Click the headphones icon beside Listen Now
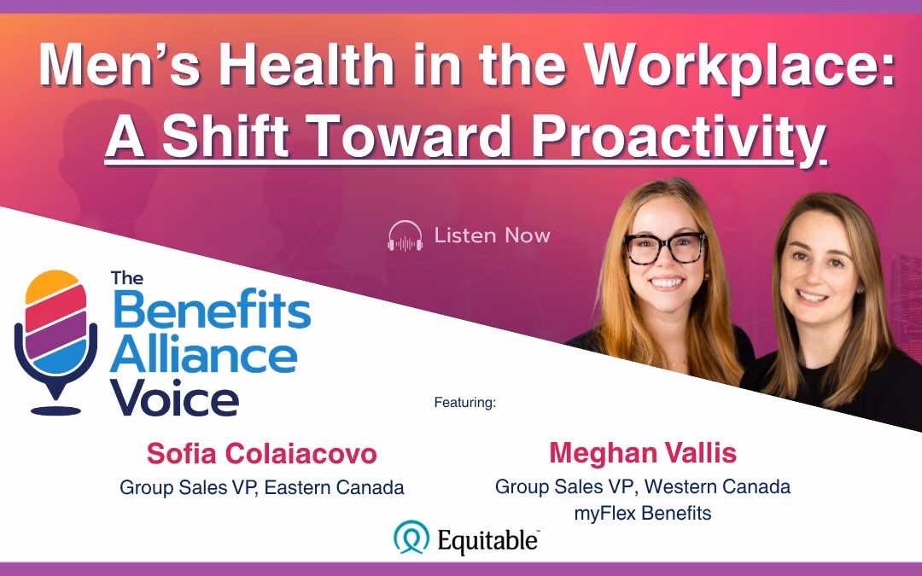pyautogui.click(x=406, y=236)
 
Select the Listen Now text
pyautogui.click(x=493, y=236)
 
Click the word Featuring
pyautogui.click(x=465, y=403)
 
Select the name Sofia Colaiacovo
pyautogui.click(x=262, y=454)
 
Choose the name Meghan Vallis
pyautogui.click(x=643, y=453)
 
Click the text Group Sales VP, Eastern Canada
pyautogui.click(x=262, y=487)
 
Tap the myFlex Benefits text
pyautogui.click(x=643, y=513)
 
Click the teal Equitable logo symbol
pyautogui.click(x=411, y=538)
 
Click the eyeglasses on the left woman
pyautogui.click(x=664, y=247)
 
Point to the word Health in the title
pyautogui.click(x=306, y=66)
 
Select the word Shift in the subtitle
pyautogui.click(x=225, y=136)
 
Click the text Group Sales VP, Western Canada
pyautogui.click(x=643, y=486)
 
